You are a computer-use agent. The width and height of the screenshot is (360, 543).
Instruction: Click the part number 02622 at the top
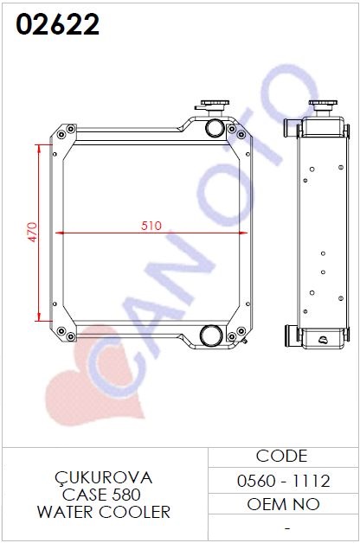coord(57,24)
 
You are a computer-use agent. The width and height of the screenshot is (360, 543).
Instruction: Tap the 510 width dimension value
coord(151,226)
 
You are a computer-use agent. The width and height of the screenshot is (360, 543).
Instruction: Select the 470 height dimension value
coord(32,232)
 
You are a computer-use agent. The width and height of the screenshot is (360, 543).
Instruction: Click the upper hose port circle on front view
coord(215,128)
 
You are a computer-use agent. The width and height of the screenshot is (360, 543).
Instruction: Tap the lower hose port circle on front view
coord(211,335)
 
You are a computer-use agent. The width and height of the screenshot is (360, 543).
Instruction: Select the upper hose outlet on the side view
coord(291,128)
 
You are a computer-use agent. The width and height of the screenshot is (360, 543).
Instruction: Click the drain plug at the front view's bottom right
coord(245,342)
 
